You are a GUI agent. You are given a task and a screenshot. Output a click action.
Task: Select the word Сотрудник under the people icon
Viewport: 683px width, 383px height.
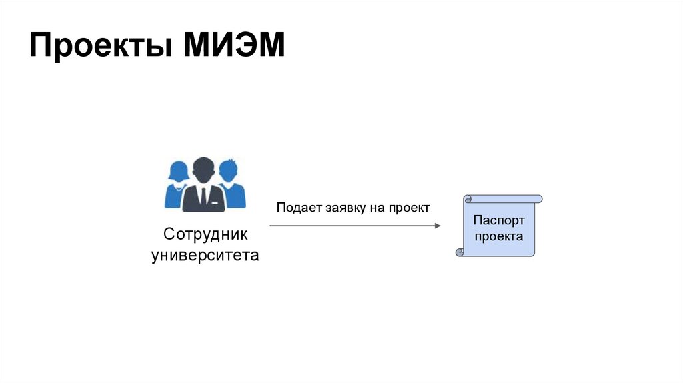(x=205, y=234)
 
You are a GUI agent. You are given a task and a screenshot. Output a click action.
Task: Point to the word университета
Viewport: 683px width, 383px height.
(x=205, y=256)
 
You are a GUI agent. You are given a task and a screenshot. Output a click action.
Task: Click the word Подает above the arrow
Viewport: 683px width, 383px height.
(x=299, y=208)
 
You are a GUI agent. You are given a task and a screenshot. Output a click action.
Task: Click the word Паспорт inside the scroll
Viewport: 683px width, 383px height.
(x=499, y=220)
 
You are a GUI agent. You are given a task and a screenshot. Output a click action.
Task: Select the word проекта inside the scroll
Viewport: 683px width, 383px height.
(x=499, y=236)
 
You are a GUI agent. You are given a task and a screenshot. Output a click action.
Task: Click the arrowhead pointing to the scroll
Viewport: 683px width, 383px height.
(x=437, y=226)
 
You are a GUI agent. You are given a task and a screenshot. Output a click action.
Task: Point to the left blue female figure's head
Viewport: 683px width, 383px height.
(x=178, y=170)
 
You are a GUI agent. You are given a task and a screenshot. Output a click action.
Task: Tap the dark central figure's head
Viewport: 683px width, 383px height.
(x=203, y=169)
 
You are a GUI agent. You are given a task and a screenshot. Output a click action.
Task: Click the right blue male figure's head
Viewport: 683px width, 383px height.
(x=229, y=169)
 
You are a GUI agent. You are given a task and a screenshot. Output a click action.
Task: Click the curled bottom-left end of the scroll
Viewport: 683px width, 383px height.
(x=460, y=252)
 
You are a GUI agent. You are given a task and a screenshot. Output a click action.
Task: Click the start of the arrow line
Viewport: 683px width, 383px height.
(x=271, y=226)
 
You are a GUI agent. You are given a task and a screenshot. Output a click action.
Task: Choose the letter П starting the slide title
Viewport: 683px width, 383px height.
(x=40, y=47)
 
